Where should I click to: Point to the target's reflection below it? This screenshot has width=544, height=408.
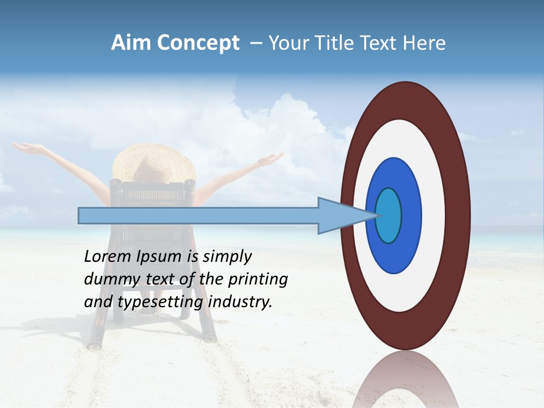click(405, 380)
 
